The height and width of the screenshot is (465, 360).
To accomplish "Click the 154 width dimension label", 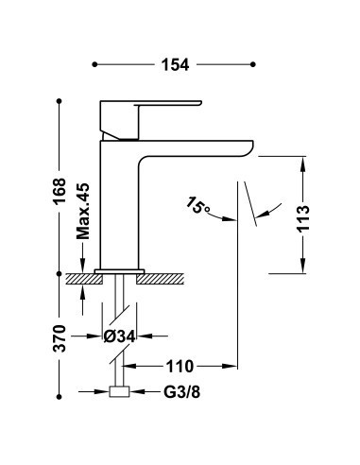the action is pyautogui.click(x=175, y=64).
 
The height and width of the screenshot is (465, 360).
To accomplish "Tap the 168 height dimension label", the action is pyautogui.click(x=60, y=191).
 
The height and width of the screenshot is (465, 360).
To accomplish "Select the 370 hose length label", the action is pyautogui.click(x=60, y=338).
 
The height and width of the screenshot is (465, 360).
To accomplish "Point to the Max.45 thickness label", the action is pyautogui.click(x=83, y=211).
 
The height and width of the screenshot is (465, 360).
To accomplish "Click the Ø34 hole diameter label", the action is pyautogui.click(x=120, y=336).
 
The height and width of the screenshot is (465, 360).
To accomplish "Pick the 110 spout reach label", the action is pyautogui.click(x=179, y=367).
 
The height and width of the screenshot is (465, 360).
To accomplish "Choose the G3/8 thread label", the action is pyautogui.click(x=181, y=392).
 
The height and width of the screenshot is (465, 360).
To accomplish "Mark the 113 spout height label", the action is pyautogui.click(x=304, y=218).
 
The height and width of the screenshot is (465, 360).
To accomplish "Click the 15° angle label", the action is pyautogui.click(x=197, y=206).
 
